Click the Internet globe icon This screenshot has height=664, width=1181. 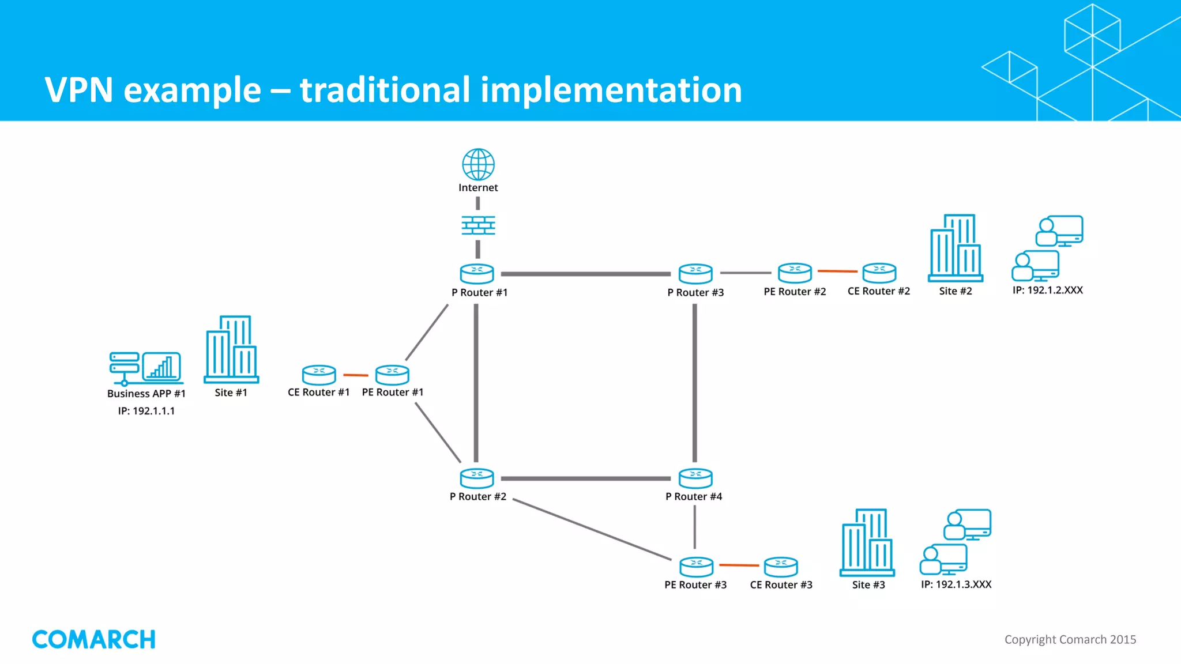click(478, 164)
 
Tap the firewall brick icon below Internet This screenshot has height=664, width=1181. click(478, 225)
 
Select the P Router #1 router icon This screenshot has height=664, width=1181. click(477, 274)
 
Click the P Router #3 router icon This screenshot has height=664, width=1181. click(695, 274)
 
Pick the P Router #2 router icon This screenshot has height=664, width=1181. click(477, 478)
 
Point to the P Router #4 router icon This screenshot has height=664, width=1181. click(695, 478)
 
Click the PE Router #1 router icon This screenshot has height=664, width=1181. click(392, 375)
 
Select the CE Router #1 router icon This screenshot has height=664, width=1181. click(319, 375)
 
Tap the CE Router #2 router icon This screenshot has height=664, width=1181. click(879, 273)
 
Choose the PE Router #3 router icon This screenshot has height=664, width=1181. click(696, 567)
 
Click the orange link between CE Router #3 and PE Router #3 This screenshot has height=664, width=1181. click(739, 565)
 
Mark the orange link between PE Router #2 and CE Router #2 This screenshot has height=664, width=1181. click(837, 271)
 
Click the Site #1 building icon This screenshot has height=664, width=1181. click(231, 349)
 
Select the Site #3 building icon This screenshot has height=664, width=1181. click(867, 542)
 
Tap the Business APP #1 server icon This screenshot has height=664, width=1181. click(146, 368)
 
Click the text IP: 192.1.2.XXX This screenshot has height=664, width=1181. click(1047, 290)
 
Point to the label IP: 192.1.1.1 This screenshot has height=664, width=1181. click(146, 411)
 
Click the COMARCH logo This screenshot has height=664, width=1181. click(93, 640)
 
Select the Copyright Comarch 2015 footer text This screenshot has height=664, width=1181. click(1070, 640)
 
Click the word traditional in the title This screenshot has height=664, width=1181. click(385, 90)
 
